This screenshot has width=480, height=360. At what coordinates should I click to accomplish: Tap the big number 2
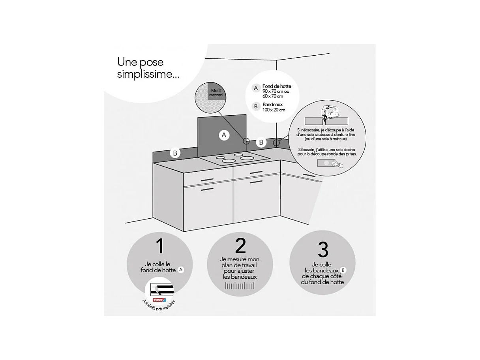(x=240, y=246)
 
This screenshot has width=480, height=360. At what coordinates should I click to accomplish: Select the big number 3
(x=323, y=249)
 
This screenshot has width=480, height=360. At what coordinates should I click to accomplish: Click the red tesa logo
(x=159, y=300)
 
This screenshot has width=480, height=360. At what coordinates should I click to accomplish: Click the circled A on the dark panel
(x=224, y=135)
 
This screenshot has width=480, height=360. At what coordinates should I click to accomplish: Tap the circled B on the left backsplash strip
(x=175, y=153)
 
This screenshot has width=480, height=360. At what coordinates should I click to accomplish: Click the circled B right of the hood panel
(x=261, y=142)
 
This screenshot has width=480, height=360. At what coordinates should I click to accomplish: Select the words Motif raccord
(x=216, y=93)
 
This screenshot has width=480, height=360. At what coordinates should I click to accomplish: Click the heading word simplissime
(x=148, y=75)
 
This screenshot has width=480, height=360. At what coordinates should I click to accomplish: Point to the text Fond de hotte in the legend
(x=277, y=86)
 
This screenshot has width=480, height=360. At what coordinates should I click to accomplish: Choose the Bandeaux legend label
(x=272, y=105)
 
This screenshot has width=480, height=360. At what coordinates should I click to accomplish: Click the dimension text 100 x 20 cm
(x=274, y=110)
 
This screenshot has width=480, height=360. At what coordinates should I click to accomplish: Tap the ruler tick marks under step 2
(x=240, y=285)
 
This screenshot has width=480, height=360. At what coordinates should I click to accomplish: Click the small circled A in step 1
(x=181, y=270)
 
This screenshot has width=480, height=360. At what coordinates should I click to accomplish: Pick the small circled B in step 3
(x=343, y=270)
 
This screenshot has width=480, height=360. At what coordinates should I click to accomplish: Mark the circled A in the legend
(x=256, y=88)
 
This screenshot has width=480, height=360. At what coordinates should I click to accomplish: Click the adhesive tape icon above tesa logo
(x=162, y=290)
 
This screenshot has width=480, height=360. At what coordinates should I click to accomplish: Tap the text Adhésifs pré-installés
(x=159, y=306)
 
